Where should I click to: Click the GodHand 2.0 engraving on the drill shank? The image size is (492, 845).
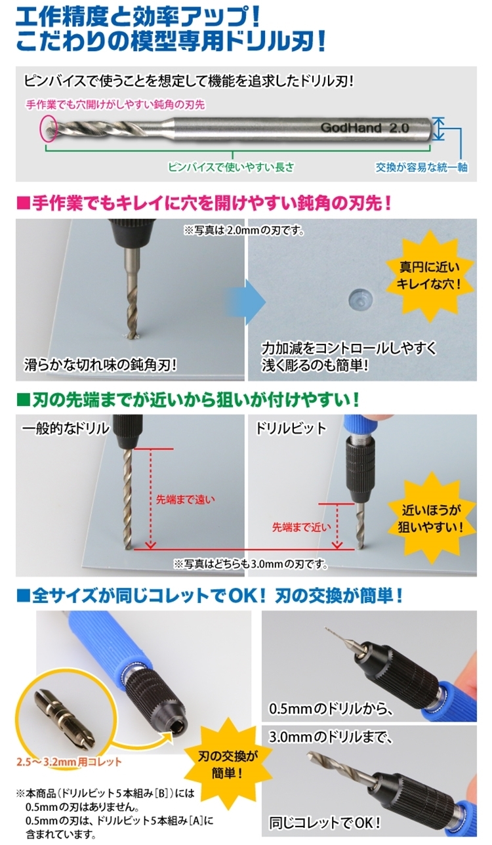coord(365,128)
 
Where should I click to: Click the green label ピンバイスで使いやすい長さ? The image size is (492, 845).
coord(232,167)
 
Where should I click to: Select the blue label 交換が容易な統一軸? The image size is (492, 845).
coord(421,167)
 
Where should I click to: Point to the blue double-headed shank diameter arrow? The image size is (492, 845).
coord(438,129)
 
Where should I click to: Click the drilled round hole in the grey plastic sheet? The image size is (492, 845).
coord(360,298)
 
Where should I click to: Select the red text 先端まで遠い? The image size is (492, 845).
coord(185,500)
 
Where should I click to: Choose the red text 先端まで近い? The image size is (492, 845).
coord(302,527)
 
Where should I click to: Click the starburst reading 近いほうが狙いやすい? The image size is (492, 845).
coord(430,519)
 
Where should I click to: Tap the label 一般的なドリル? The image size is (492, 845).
coord(66,428)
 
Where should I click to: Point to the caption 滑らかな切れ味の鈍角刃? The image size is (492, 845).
coord(100,365)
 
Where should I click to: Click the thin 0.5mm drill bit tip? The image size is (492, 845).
coord(326,630)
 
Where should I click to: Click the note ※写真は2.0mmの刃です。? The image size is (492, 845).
coord(245,230)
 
